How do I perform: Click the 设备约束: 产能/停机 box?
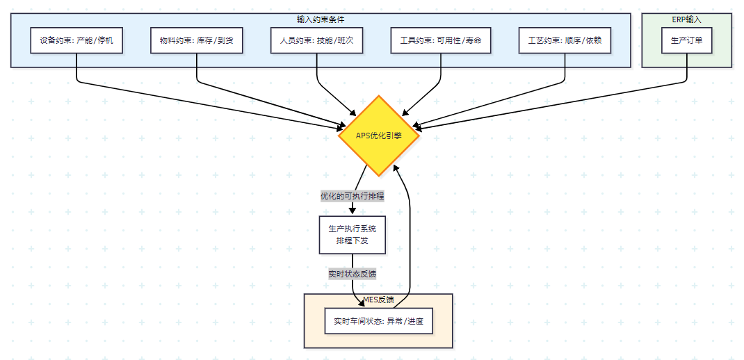[76, 41]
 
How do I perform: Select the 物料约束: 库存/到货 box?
[197, 41]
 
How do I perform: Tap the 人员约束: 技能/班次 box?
[316, 41]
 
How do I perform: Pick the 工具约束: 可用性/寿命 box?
[441, 41]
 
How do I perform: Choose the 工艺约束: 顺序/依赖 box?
[565, 41]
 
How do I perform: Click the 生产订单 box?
[686, 41]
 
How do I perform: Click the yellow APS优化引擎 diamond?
[379, 136]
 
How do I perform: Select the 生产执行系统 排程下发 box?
[352, 234]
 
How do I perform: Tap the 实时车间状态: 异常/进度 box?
[378, 321]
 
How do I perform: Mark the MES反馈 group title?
[378, 300]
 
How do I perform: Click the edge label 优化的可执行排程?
[352, 196]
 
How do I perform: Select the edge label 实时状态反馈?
[352, 274]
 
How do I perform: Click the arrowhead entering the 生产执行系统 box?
[352, 211]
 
